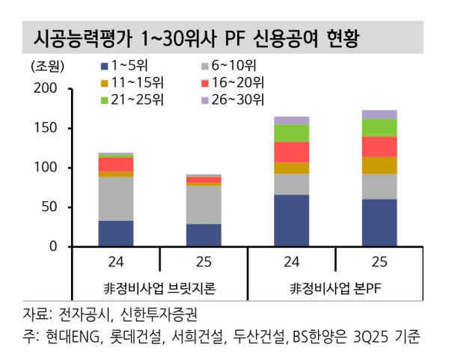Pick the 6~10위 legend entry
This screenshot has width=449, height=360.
point(236,65)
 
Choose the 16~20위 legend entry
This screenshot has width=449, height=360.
point(240,82)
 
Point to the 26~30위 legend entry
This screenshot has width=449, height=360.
point(240,100)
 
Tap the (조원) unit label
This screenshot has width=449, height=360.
point(44,66)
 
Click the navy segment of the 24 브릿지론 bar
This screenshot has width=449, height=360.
point(116,234)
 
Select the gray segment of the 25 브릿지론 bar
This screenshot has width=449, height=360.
point(204,204)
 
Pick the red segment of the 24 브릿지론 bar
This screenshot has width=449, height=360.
point(116,164)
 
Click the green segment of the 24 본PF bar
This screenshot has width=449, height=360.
point(291,133)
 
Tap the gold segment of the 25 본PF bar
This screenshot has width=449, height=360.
point(379,165)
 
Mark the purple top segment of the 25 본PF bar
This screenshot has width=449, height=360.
point(379,115)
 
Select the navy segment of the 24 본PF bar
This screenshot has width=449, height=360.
point(291,221)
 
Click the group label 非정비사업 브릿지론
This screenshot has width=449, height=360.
point(160,289)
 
